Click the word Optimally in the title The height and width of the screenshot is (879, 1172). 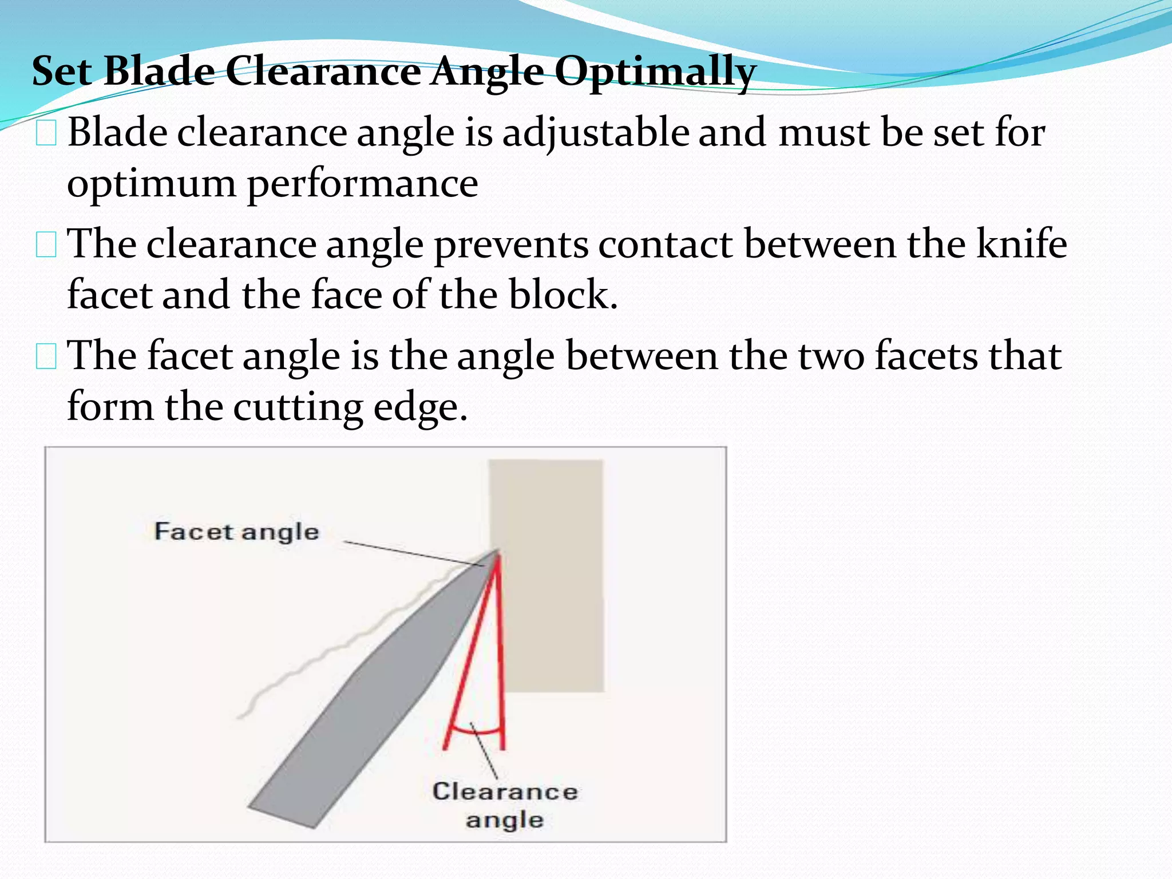(x=655, y=72)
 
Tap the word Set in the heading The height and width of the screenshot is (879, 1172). (x=61, y=72)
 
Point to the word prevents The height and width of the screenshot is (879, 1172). (x=510, y=245)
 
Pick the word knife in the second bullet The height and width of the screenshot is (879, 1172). (x=1021, y=244)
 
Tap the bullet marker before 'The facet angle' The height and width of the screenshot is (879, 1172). (x=46, y=357)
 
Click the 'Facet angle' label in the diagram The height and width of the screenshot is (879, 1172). (x=236, y=532)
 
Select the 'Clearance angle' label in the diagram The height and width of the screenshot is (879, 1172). (x=505, y=805)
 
